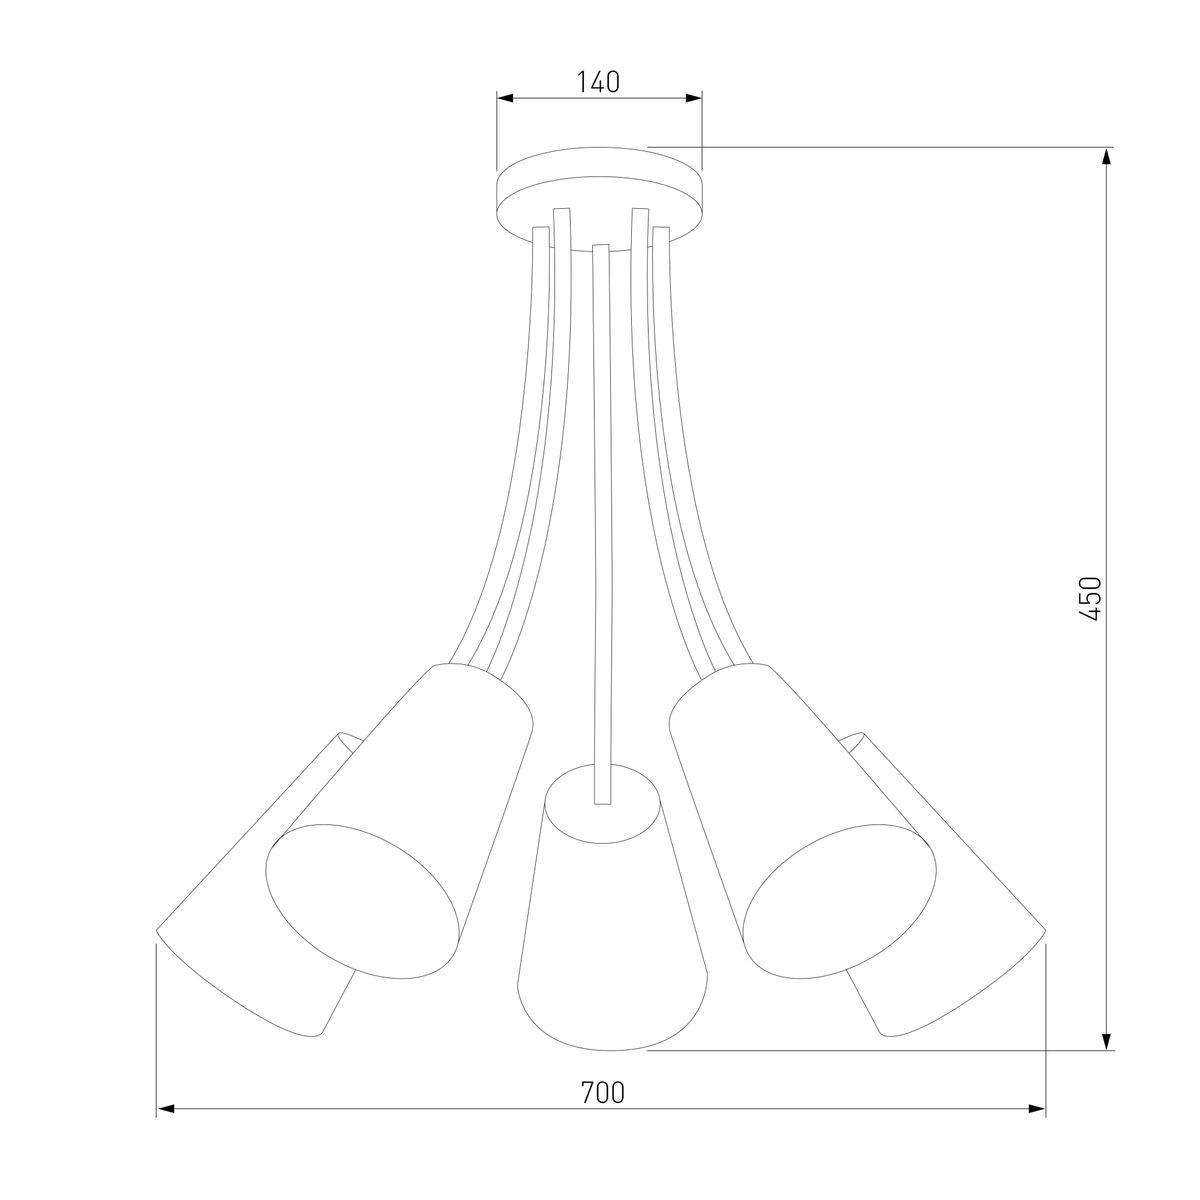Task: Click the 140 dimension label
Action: click(x=598, y=82)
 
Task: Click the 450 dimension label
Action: click(x=1090, y=598)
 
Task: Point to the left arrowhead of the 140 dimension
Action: click(x=504, y=98)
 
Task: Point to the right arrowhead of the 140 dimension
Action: click(x=694, y=98)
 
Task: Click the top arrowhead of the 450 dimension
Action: click(x=1106, y=156)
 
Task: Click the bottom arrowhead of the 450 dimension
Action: click(x=1106, y=1041)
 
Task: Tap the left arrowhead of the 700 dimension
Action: click(x=164, y=1126)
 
